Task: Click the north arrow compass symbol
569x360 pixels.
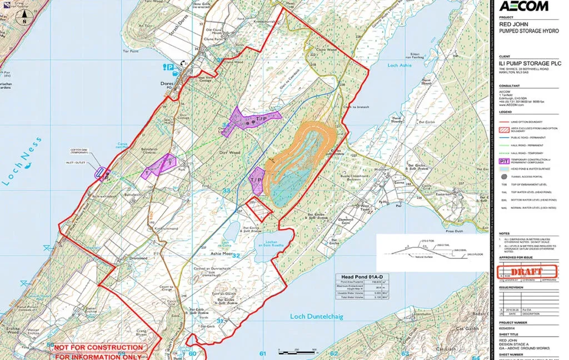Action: point(24,17)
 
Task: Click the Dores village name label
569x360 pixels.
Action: point(166,84)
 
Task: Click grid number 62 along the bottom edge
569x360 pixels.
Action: point(334,354)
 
